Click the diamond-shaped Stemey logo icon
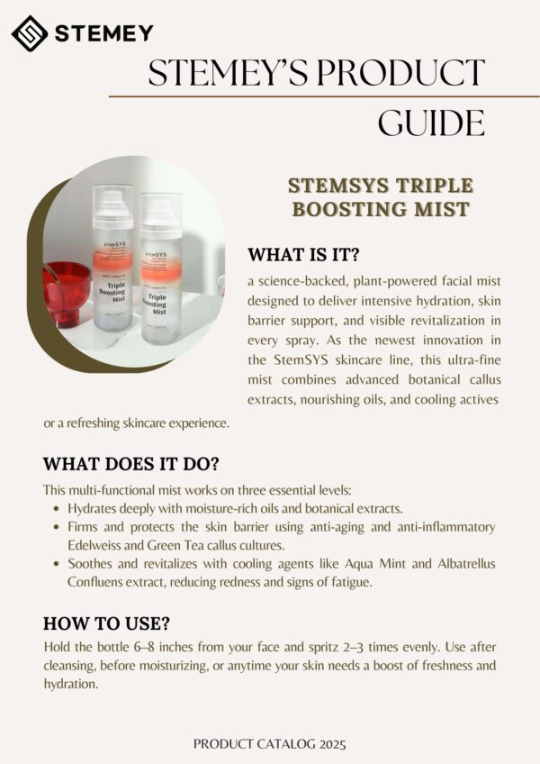[x=29, y=33]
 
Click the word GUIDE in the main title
[x=431, y=123]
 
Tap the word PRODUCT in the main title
[x=400, y=73]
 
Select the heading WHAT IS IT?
[x=303, y=254]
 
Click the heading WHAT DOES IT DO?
[x=131, y=464]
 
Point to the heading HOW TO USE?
[x=106, y=623]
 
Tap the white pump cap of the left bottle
[x=112, y=205]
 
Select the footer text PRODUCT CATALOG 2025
[x=270, y=744]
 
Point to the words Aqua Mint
[x=375, y=564]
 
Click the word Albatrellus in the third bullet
[x=466, y=564]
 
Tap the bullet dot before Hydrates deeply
[x=57, y=509]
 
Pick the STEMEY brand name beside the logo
[x=104, y=33]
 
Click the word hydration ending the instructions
[x=69, y=684]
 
